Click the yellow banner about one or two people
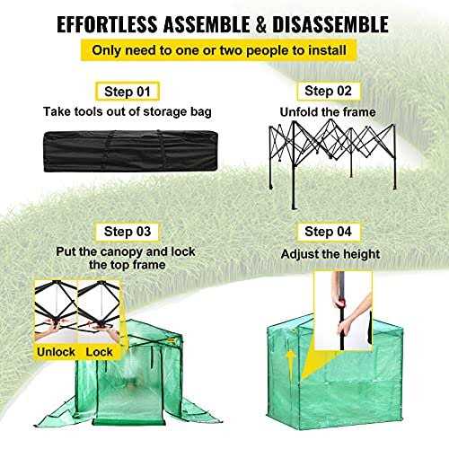point(224,52)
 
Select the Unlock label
point(56,352)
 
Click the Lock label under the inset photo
point(100,352)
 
